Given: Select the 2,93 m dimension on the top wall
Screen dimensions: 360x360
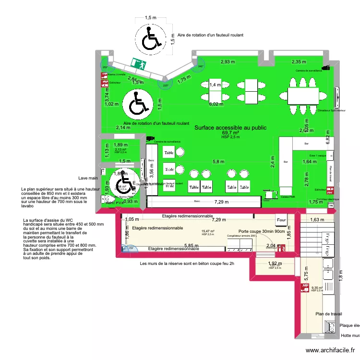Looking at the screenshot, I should pos(228,61).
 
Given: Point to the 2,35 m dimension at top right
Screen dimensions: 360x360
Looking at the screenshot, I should pos(299,61).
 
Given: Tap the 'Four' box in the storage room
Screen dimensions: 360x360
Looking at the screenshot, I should pos(281,220).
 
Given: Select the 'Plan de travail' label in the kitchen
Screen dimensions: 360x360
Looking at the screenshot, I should pos(328,314).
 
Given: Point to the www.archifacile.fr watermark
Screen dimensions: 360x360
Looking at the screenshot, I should pos(331,351).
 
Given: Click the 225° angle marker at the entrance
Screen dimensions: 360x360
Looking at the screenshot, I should pos(166,86).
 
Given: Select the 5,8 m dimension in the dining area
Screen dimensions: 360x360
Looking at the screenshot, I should pos(218,162).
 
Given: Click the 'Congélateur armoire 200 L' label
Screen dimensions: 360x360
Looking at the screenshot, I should pos(242,236).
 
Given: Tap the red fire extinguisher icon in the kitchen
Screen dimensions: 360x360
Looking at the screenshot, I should pos(304,288).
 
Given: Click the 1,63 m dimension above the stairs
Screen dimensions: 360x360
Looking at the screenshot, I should pos(317,220).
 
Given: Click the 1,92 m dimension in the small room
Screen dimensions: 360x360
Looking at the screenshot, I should pos(274,263).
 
